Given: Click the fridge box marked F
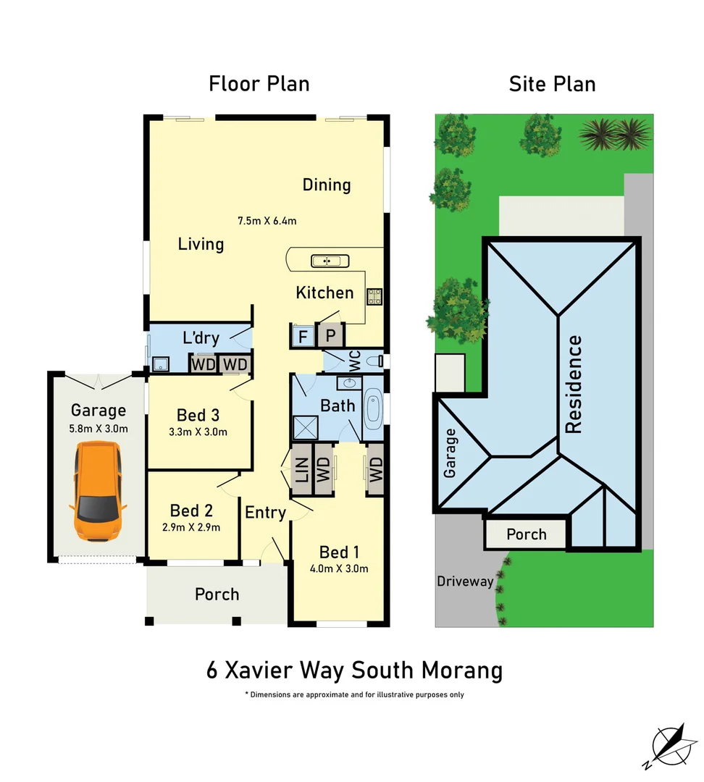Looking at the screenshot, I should [x=301, y=336].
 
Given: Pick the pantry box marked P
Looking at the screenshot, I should [x=331, y=336].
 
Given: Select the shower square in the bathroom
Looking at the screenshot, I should [x=305, y=428].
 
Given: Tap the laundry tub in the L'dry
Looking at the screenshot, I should [x=159, y=363].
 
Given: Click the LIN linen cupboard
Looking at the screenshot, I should [x=302, y=470].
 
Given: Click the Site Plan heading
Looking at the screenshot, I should [x=552, y=84].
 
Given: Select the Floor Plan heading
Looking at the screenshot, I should [x=259, y=84].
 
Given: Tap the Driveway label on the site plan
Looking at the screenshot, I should [x=465, y=581].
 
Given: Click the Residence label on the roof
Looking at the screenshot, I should [x=573, y=384].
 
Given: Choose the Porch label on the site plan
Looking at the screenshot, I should [x=526, y=534].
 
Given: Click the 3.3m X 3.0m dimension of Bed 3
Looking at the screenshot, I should [x=198, y=432].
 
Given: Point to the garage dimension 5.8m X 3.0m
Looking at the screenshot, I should [x=98, y=428].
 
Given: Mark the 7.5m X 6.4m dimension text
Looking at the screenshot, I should [x=267, y=220].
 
